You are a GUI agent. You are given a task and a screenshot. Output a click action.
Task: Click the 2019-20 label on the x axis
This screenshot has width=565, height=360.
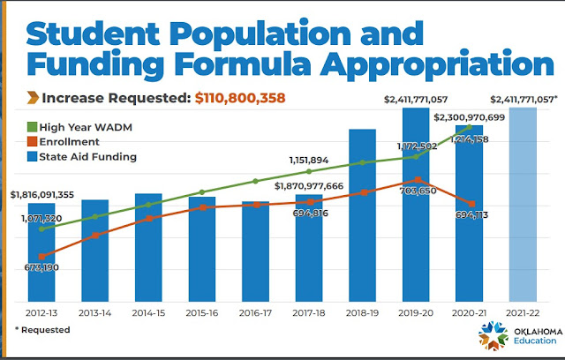click(417, 313)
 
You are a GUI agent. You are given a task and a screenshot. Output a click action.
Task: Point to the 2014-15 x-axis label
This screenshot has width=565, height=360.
click(148, 313)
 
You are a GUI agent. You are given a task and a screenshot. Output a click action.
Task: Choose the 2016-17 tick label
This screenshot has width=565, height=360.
click(256, 313)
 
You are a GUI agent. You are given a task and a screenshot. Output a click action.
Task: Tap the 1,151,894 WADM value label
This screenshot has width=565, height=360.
click(308, 160)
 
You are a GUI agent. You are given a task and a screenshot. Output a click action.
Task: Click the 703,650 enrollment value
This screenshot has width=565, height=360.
click(415, 191)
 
